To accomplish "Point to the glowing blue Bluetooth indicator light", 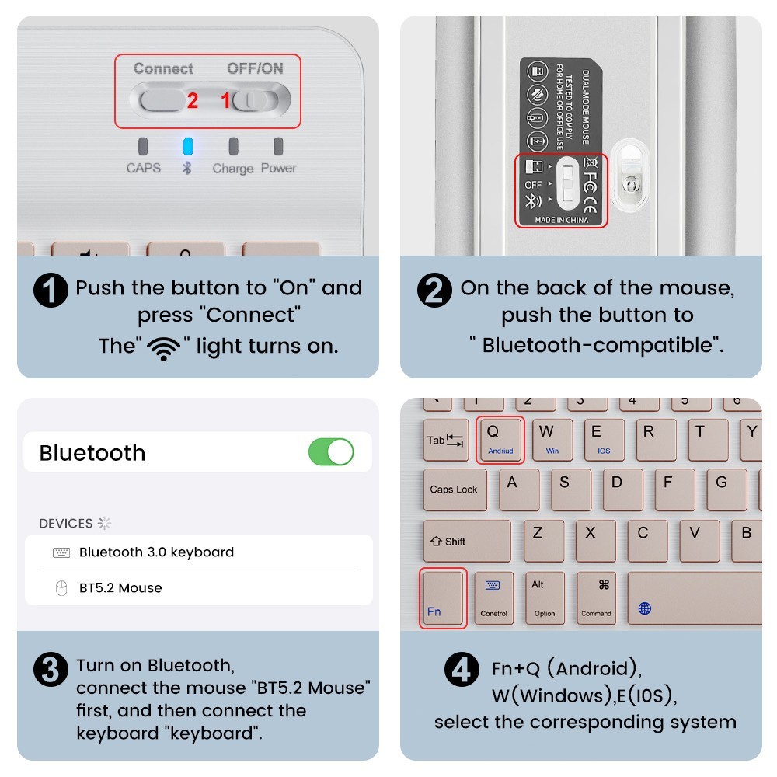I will tap(187, 146).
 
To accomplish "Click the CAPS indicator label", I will tap(144, 167).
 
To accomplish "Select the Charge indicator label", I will tap(233, 168).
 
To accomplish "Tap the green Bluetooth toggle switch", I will tap(331, 451).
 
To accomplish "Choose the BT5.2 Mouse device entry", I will tap(120, 588).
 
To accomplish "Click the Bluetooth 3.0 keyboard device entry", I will tap(155, 552).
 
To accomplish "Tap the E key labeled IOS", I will tap(603, 440).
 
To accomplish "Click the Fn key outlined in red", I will tap(443, 598).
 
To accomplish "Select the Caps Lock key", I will tap(455, 490).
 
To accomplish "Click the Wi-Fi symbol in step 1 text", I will tap(163, 347).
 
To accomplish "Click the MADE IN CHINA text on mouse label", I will tap(561, 220).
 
